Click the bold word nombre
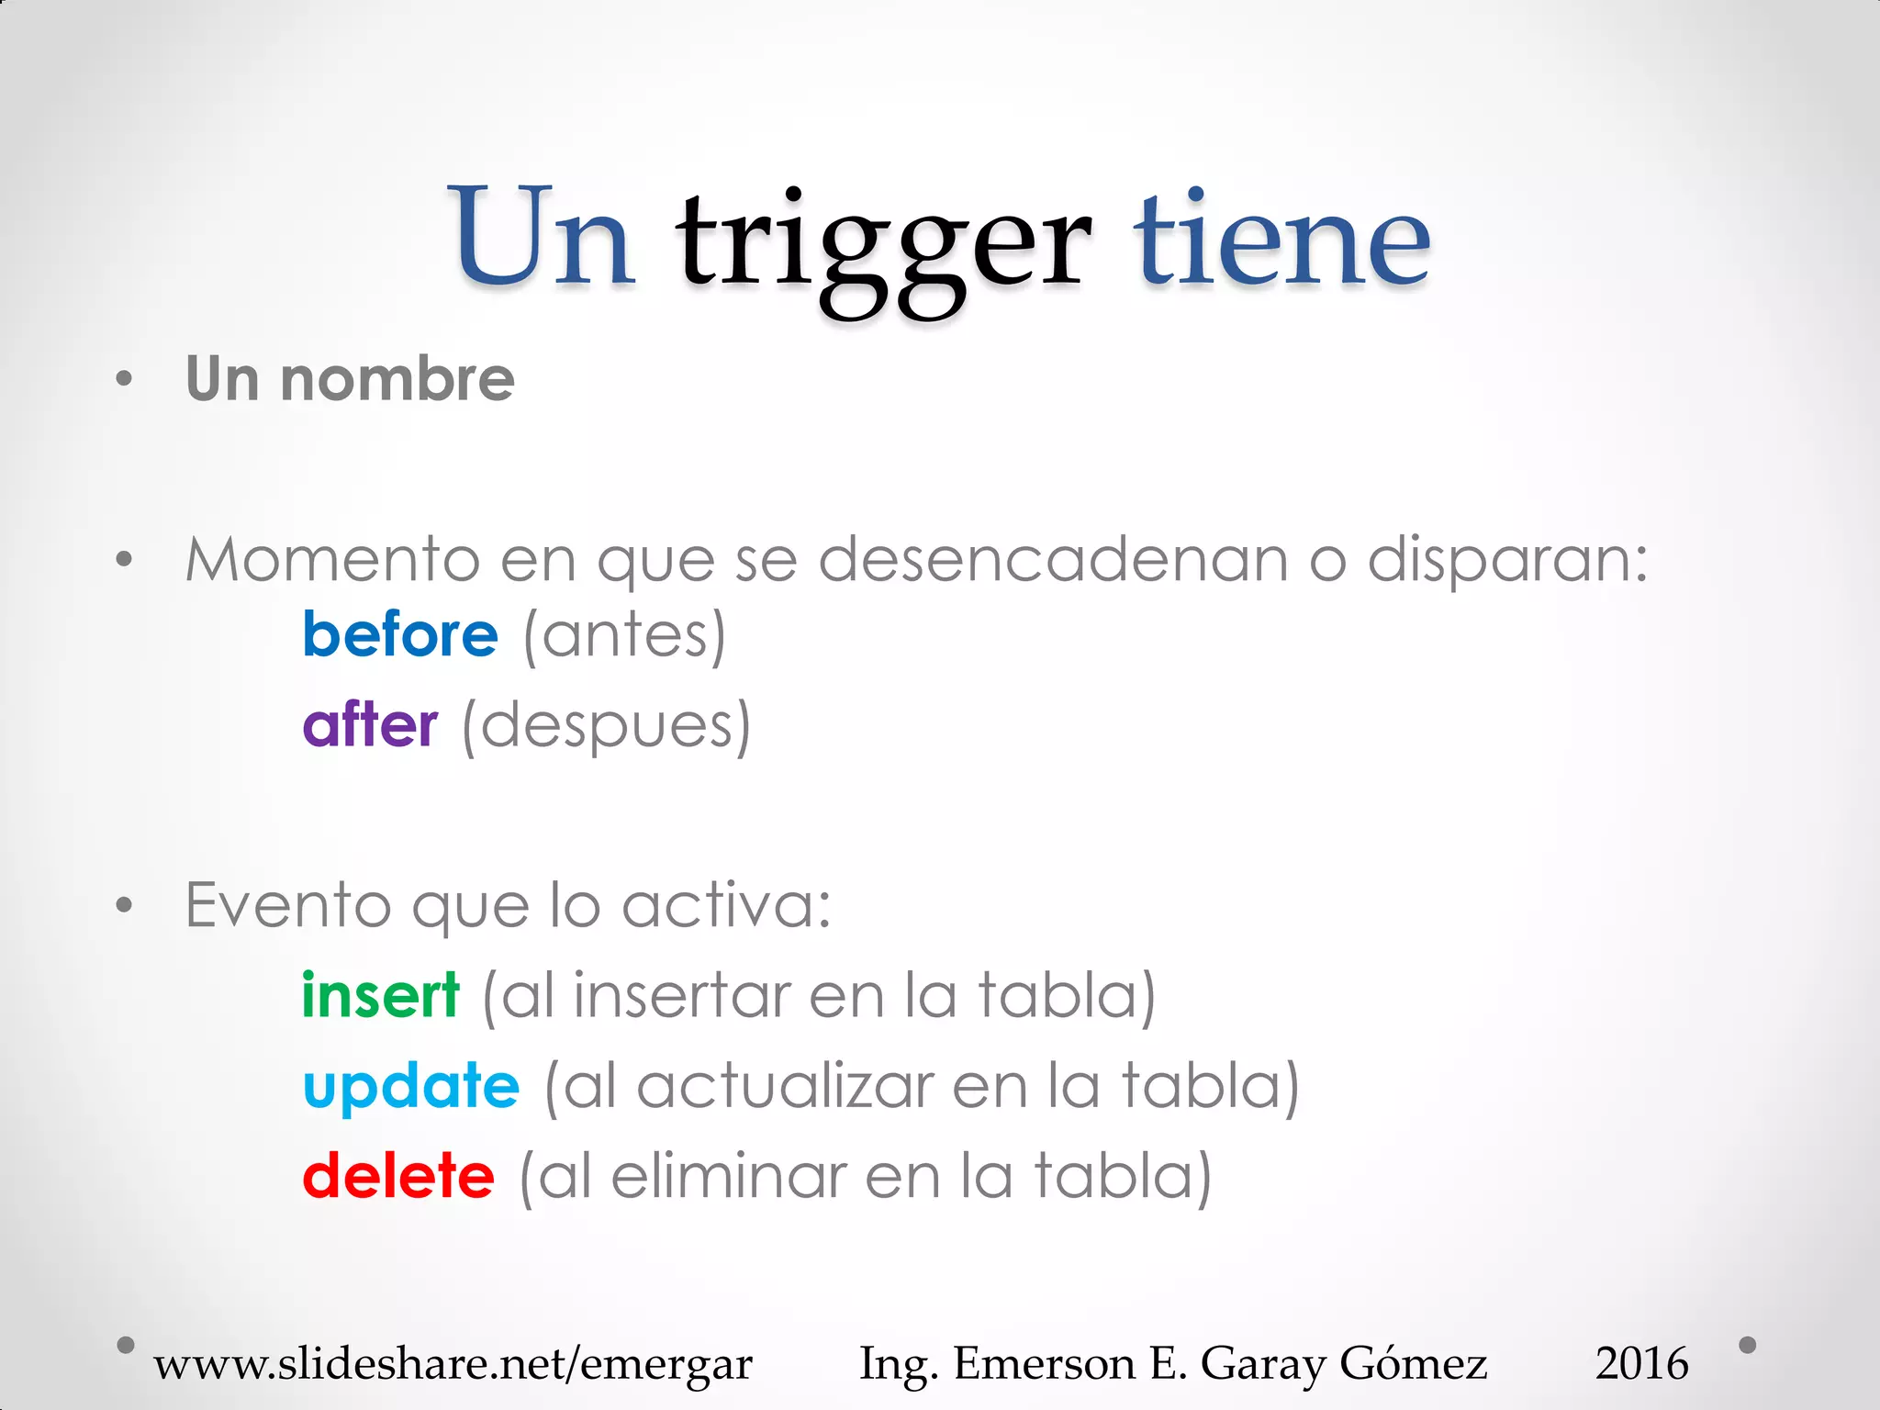point(397,379)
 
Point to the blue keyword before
point(400,634)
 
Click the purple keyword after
point(370,724)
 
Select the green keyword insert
point(380,995)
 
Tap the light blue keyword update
point(411,1086)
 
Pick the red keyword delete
point(398,1176)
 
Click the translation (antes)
point(624,635)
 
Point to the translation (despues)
point(606,726)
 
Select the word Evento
point(288,905)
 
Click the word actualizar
point(786,1087)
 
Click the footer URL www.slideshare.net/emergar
point(453,1363)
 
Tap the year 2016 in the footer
point(1641,1363)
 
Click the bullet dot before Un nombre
point(125,379)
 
